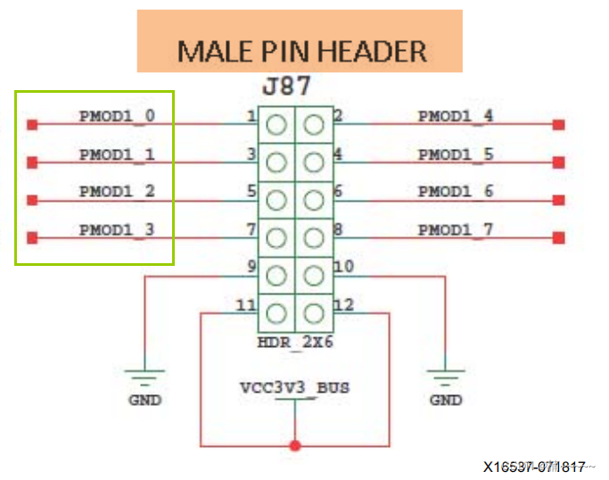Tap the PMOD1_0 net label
point(117,115)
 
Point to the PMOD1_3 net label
point(117,229)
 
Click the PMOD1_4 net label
point(456,115)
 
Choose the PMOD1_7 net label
point(456,230)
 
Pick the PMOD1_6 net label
point(456,191)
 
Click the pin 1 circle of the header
point(276,125)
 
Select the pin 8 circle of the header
point(313,238)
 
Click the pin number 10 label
point(344,266)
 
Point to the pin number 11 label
point(244,305)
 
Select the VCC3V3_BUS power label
point(295,388)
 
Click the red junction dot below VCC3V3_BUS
point(295,444)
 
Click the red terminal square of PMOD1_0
point(32,125)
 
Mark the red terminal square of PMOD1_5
point(558,162)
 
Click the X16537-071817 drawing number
point(535,467)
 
